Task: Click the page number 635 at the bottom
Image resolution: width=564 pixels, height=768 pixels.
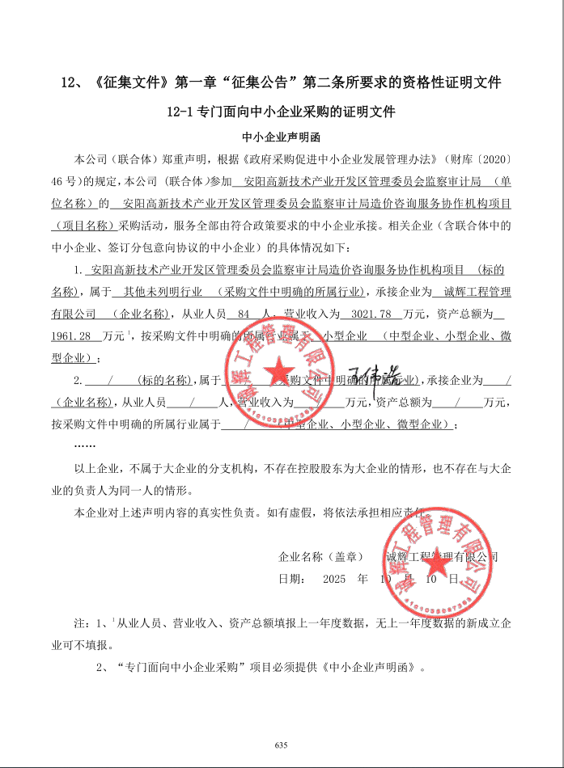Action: (282, 745)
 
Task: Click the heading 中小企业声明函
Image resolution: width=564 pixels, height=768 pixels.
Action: (282, 136)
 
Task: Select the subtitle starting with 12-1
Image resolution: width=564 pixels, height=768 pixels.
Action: (282, 111)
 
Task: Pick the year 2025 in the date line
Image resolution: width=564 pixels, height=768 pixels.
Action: (333, 579)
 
